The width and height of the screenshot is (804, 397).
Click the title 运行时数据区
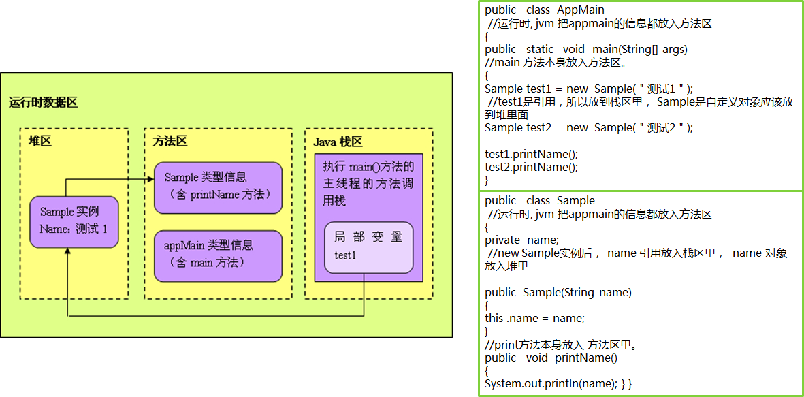click(x=43, y=103)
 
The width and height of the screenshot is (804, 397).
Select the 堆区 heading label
click(x=40, y=141)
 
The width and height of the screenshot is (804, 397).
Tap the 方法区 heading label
click(x=170, y=141)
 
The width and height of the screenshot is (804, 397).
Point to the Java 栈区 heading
click(x=338, y=142)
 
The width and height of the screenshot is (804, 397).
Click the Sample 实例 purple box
click(x=74, y=222)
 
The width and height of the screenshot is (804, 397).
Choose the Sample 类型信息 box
click(x=218, y=187)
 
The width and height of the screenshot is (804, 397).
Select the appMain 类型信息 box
click(x=218, y=255)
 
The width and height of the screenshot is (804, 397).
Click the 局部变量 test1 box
click(x=368, y=247)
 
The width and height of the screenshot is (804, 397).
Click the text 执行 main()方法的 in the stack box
click(x=368, y=167)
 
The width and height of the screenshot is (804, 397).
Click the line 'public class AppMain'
click(x=545, y=10)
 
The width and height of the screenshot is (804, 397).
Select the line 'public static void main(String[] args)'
click(x=586, y=50)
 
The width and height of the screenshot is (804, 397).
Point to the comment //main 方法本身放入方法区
click(x=556, y=63)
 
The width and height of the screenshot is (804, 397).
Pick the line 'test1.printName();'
click(x=531, y=154)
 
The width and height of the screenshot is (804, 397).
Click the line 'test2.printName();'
click(x=531, y=167)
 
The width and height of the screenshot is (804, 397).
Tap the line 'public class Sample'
click(x=540, y=201)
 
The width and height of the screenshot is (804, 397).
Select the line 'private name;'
click(x=521, y=240)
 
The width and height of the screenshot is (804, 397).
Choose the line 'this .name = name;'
click(x=534, y=318)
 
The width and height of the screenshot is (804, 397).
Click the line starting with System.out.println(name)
click(x=558, y=384)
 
